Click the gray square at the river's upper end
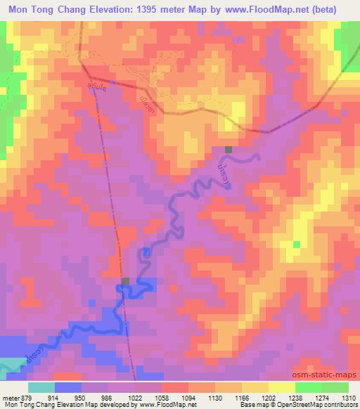tap(229, 150)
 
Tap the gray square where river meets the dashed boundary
tap(125, 282)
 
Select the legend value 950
tap(88, 397)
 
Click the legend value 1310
tap(347, 397)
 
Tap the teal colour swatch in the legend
tap(41, 387)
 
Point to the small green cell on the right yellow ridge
tap(297, 245)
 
